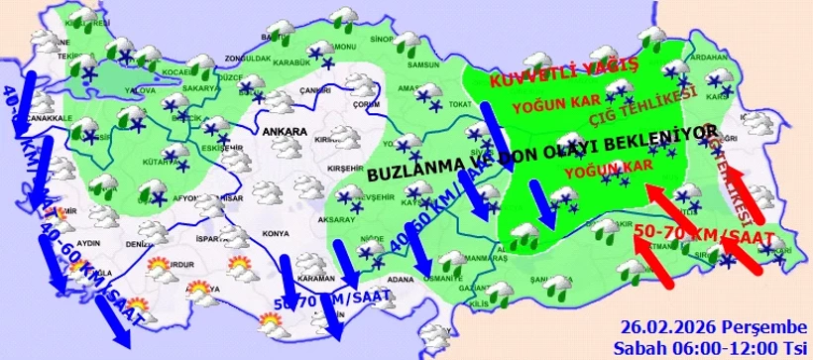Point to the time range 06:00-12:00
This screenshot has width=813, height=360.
712,347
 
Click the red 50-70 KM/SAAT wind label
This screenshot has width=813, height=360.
695,235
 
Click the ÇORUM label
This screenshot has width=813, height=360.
366,103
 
